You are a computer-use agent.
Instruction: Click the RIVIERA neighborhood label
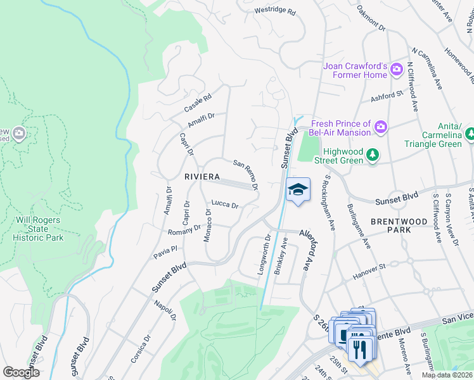point(202,176)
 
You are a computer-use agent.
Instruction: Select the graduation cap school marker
point(297,189)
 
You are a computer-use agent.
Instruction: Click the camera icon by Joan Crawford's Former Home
point(397,69)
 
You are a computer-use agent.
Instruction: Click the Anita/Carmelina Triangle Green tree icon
point(470,134)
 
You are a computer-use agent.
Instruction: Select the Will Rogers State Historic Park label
point(38,229)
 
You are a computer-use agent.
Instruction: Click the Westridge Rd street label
point(275,11)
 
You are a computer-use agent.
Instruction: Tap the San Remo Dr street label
point(246,174)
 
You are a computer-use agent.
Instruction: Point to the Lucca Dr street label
point(224,205)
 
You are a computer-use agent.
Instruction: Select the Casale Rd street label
point(197,101)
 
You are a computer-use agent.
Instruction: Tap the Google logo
point(21,372)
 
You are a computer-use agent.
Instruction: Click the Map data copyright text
point(447,375)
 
